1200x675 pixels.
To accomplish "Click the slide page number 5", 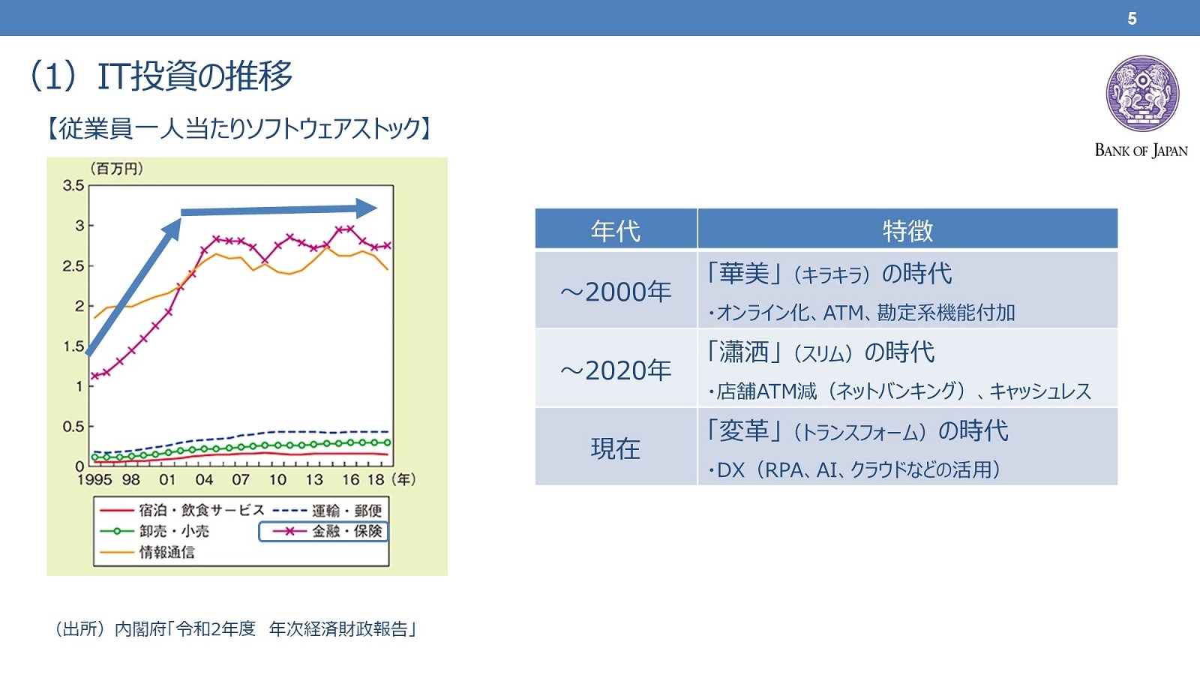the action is (1132, 19).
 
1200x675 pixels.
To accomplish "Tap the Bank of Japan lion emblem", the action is (1143, 94).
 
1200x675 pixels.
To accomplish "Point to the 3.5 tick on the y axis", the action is (73, 186).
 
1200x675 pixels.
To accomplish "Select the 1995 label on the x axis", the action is (94, 479).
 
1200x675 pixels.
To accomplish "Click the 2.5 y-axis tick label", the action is (73, 266).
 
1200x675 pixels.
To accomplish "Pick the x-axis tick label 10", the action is (277, 479).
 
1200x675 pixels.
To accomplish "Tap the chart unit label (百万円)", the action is (116, 169).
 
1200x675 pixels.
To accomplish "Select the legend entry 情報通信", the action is (148, 552).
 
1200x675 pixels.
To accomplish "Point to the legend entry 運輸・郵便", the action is (328, 511).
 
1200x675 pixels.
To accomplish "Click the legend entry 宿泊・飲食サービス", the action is (182, 511).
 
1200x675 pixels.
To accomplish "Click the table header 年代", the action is (616, 231).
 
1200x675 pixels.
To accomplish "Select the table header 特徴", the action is (907, 231).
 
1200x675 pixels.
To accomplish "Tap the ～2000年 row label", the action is (616, 292).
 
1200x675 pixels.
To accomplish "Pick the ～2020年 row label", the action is (616, 370).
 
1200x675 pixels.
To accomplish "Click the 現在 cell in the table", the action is (616, 448).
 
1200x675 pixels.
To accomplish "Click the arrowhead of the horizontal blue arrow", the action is (367, 208).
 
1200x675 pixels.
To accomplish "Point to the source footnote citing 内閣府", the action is (235, 629).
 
